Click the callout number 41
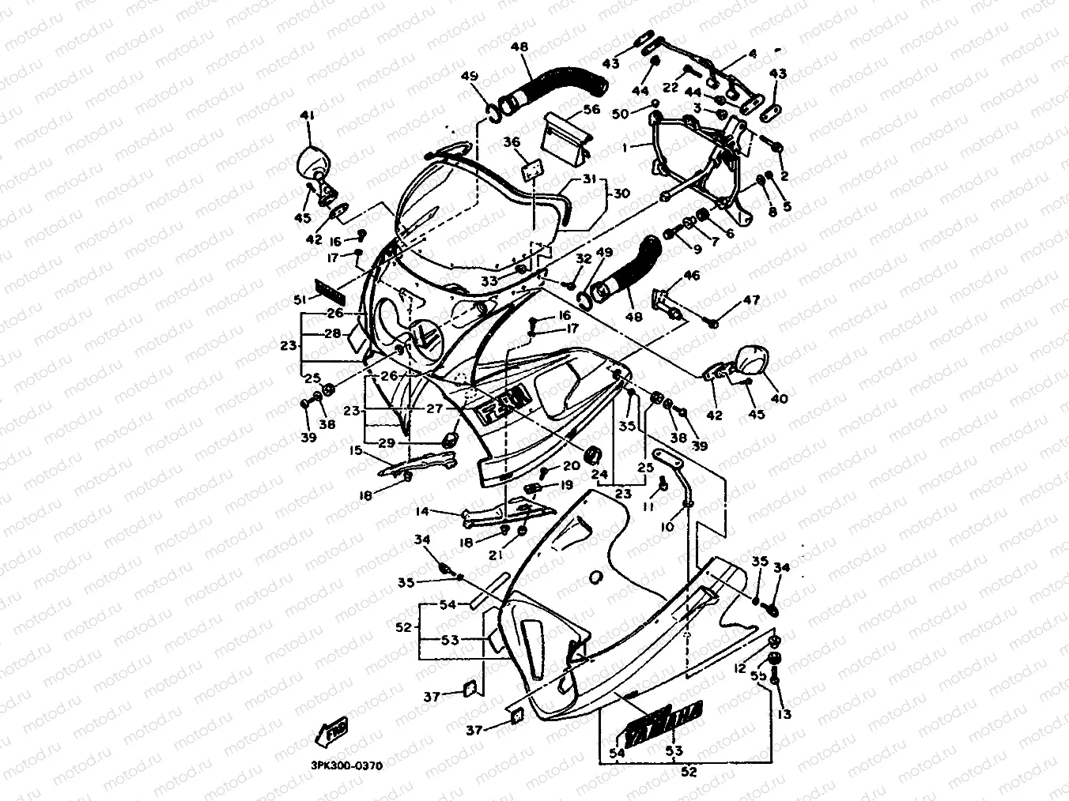(307, 116)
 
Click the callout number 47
(750, 300)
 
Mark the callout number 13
(784, 715)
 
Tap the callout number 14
(422, 511)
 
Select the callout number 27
(434, 408)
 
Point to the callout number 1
(625, 147)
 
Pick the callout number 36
(512, 141)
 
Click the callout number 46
(692, 275)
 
